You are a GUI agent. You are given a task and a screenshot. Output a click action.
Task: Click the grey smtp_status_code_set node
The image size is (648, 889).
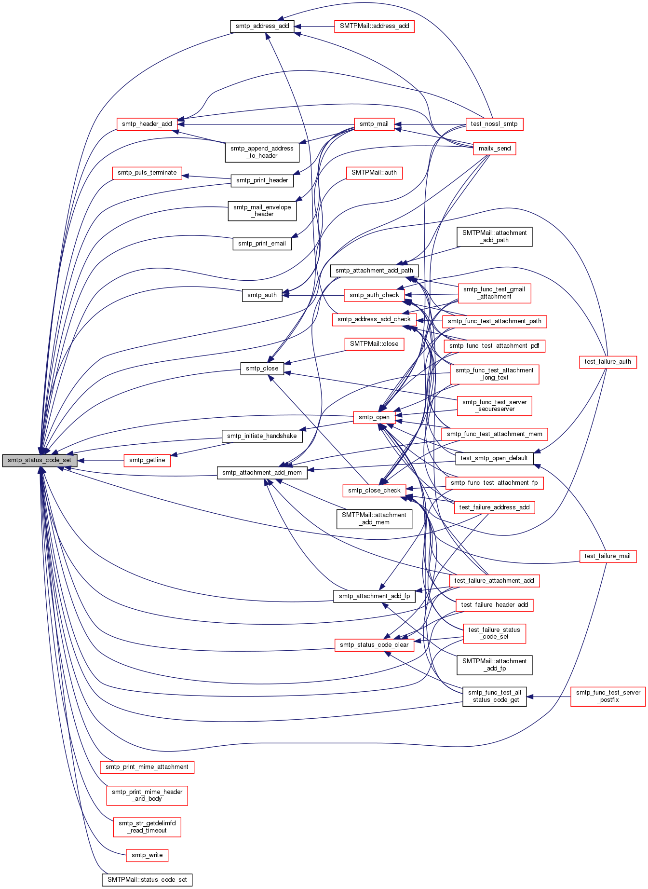click(39, 460)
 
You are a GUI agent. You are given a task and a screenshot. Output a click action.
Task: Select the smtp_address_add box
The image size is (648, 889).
click(262, 26)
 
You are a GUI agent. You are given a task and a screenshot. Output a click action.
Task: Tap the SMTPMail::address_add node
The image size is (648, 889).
click(374, 26)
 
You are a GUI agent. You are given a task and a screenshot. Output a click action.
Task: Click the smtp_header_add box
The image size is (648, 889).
click(147, 124)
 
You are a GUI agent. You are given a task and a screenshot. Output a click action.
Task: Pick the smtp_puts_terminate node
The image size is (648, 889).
click(147, 173)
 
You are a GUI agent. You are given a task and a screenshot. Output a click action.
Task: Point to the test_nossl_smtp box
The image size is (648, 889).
click(494, 124)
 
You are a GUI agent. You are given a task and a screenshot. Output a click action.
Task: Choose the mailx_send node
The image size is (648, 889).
click(494, 149)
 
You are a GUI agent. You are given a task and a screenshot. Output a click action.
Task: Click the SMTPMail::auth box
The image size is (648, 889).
click(374, 173)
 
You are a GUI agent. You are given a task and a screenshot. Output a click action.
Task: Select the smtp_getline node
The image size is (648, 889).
click(147, 460)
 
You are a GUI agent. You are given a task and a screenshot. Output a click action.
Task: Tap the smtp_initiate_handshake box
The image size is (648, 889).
click(262, 436)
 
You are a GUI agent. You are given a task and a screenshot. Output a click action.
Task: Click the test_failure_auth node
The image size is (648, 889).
click(607, 362)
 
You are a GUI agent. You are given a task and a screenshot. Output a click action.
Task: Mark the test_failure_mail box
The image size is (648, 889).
click(607, 556)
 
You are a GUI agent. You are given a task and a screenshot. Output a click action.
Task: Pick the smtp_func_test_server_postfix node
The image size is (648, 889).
click(608, 697)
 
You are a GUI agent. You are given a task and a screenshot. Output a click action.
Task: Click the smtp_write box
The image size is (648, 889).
click(147, 855)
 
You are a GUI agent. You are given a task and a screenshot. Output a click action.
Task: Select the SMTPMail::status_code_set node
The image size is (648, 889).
click(147, 880)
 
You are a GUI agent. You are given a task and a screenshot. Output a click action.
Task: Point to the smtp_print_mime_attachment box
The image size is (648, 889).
click(147, 767)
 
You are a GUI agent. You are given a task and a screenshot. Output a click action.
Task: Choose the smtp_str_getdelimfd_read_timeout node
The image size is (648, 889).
click(147, 827)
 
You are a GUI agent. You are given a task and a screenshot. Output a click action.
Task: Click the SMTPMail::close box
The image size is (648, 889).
click(374, 344)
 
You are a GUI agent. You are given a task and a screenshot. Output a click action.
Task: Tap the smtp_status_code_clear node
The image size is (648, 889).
click(374, 645)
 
